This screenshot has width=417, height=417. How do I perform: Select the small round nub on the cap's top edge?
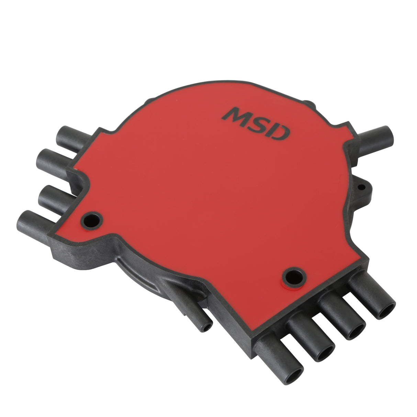pyautogui.click(x=308, y=103)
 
